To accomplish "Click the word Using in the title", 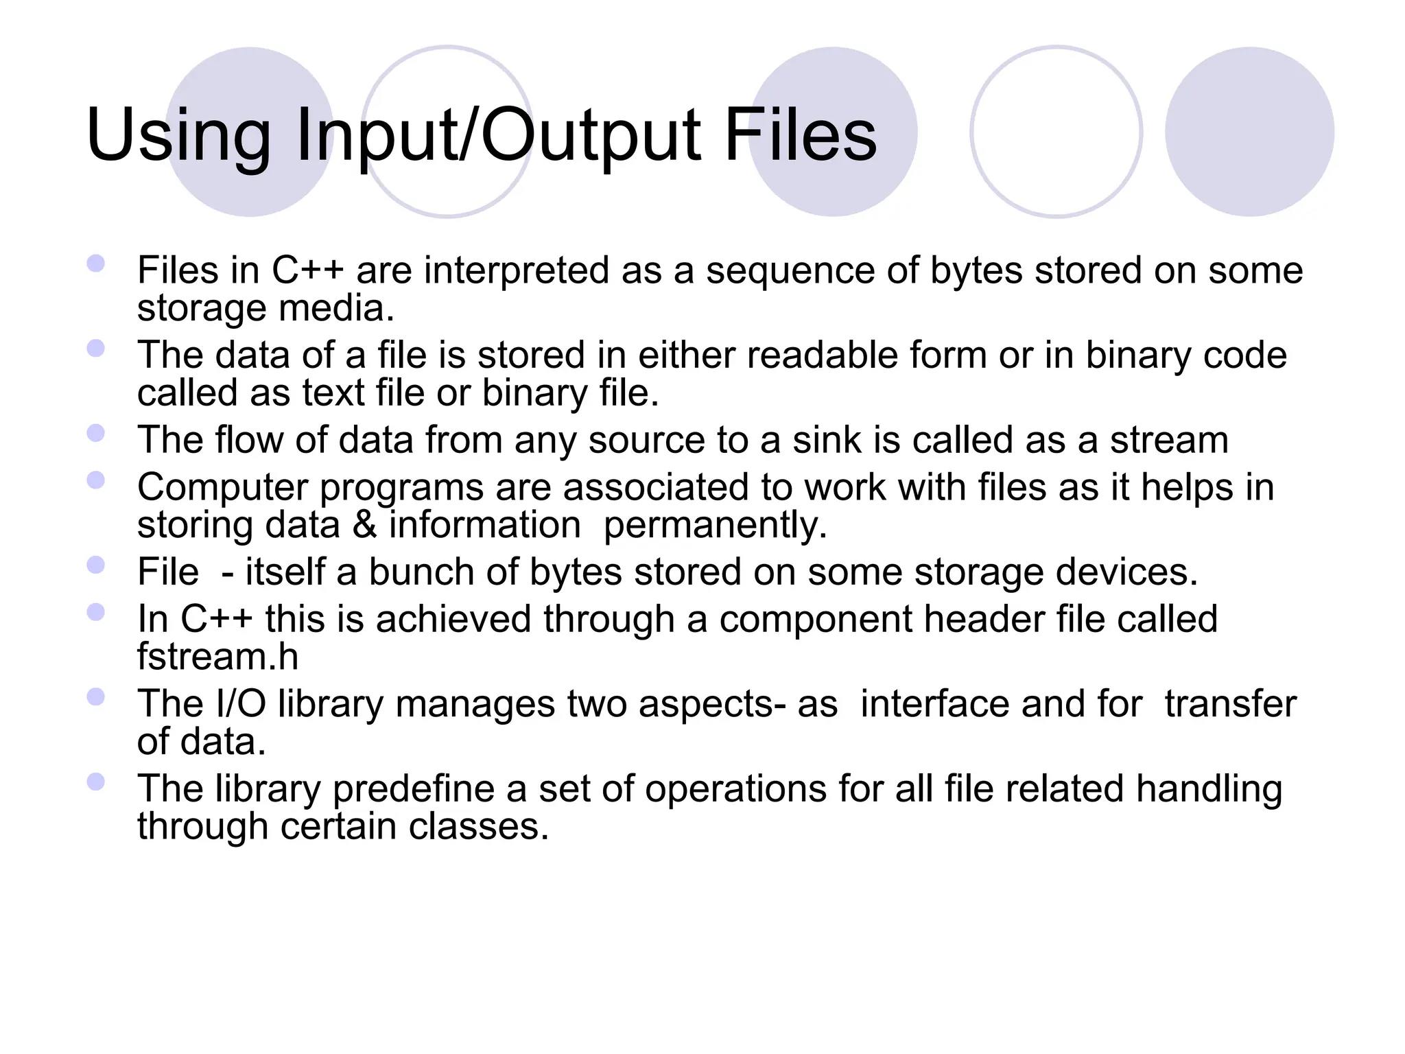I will point(178,137).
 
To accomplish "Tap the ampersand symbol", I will point(365,525).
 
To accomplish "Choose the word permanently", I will point(715,526).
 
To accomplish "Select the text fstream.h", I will point(217,657).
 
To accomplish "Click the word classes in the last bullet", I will point(479,826).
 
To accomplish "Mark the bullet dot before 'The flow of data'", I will point(96,433).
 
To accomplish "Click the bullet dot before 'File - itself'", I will point(96,565).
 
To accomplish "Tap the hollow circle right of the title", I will point(1056,132).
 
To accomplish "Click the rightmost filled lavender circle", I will point(1249,132).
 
